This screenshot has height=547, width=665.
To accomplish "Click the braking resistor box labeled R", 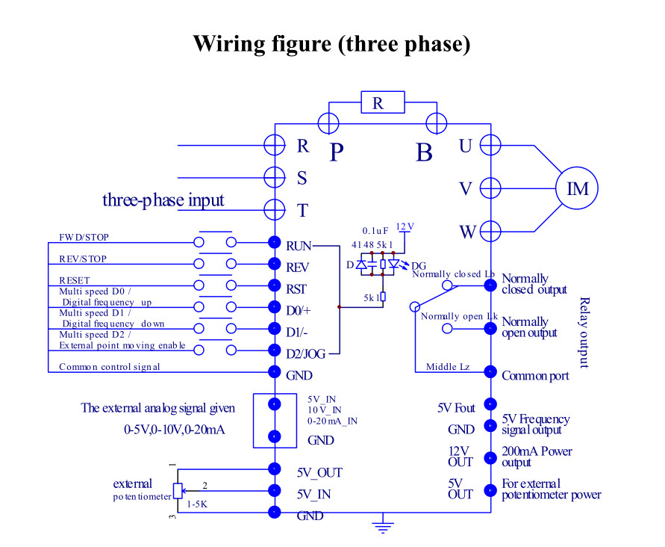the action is pyautogui.click(x=383, y=102).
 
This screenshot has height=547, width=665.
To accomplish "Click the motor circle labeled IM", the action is pyautogui.click(x=577, y=188).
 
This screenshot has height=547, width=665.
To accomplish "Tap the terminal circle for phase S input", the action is pyautogui.click(x=275, y=177).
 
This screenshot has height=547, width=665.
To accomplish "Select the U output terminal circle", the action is pyautogui.click(x=490, y=145).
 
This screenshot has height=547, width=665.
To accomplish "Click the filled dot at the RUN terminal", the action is pyautogui.click(x=275, y=242).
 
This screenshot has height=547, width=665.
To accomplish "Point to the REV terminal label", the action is pyautogui.click(x=297, y=268).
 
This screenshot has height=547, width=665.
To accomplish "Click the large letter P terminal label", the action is pyautogui.click(x=337, y=152).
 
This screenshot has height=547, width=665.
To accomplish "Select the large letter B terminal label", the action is pyautogui.click(x=424, y=152).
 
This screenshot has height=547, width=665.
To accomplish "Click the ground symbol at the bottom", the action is pyautogui.click(x=383, y=523).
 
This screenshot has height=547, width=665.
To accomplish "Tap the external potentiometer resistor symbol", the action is pyautogui.click(x=178, y=491).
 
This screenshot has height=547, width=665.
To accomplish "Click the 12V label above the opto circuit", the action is pyautogui.click(x=405, y=226).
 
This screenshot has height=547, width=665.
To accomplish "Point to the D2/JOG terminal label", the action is pyautogui.click(x=306, y=353).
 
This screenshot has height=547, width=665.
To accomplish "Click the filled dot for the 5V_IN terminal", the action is pyautogui.click(x=275, y=490).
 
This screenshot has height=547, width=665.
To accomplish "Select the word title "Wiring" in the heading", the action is pyautogui.click(x=232, y=44).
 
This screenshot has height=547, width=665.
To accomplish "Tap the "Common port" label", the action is pyautogui.click(x=535, y=376).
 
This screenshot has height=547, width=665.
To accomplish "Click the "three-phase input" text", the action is pyautogui.click(x=163, y=200).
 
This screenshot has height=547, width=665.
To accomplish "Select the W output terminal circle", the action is pyautogui.click(x=490, y=231).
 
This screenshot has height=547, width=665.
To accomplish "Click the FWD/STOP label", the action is pyautogui.click(x=84, y=237).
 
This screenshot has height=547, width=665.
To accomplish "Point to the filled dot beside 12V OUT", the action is pyautogui.click(x=490, y=458).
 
